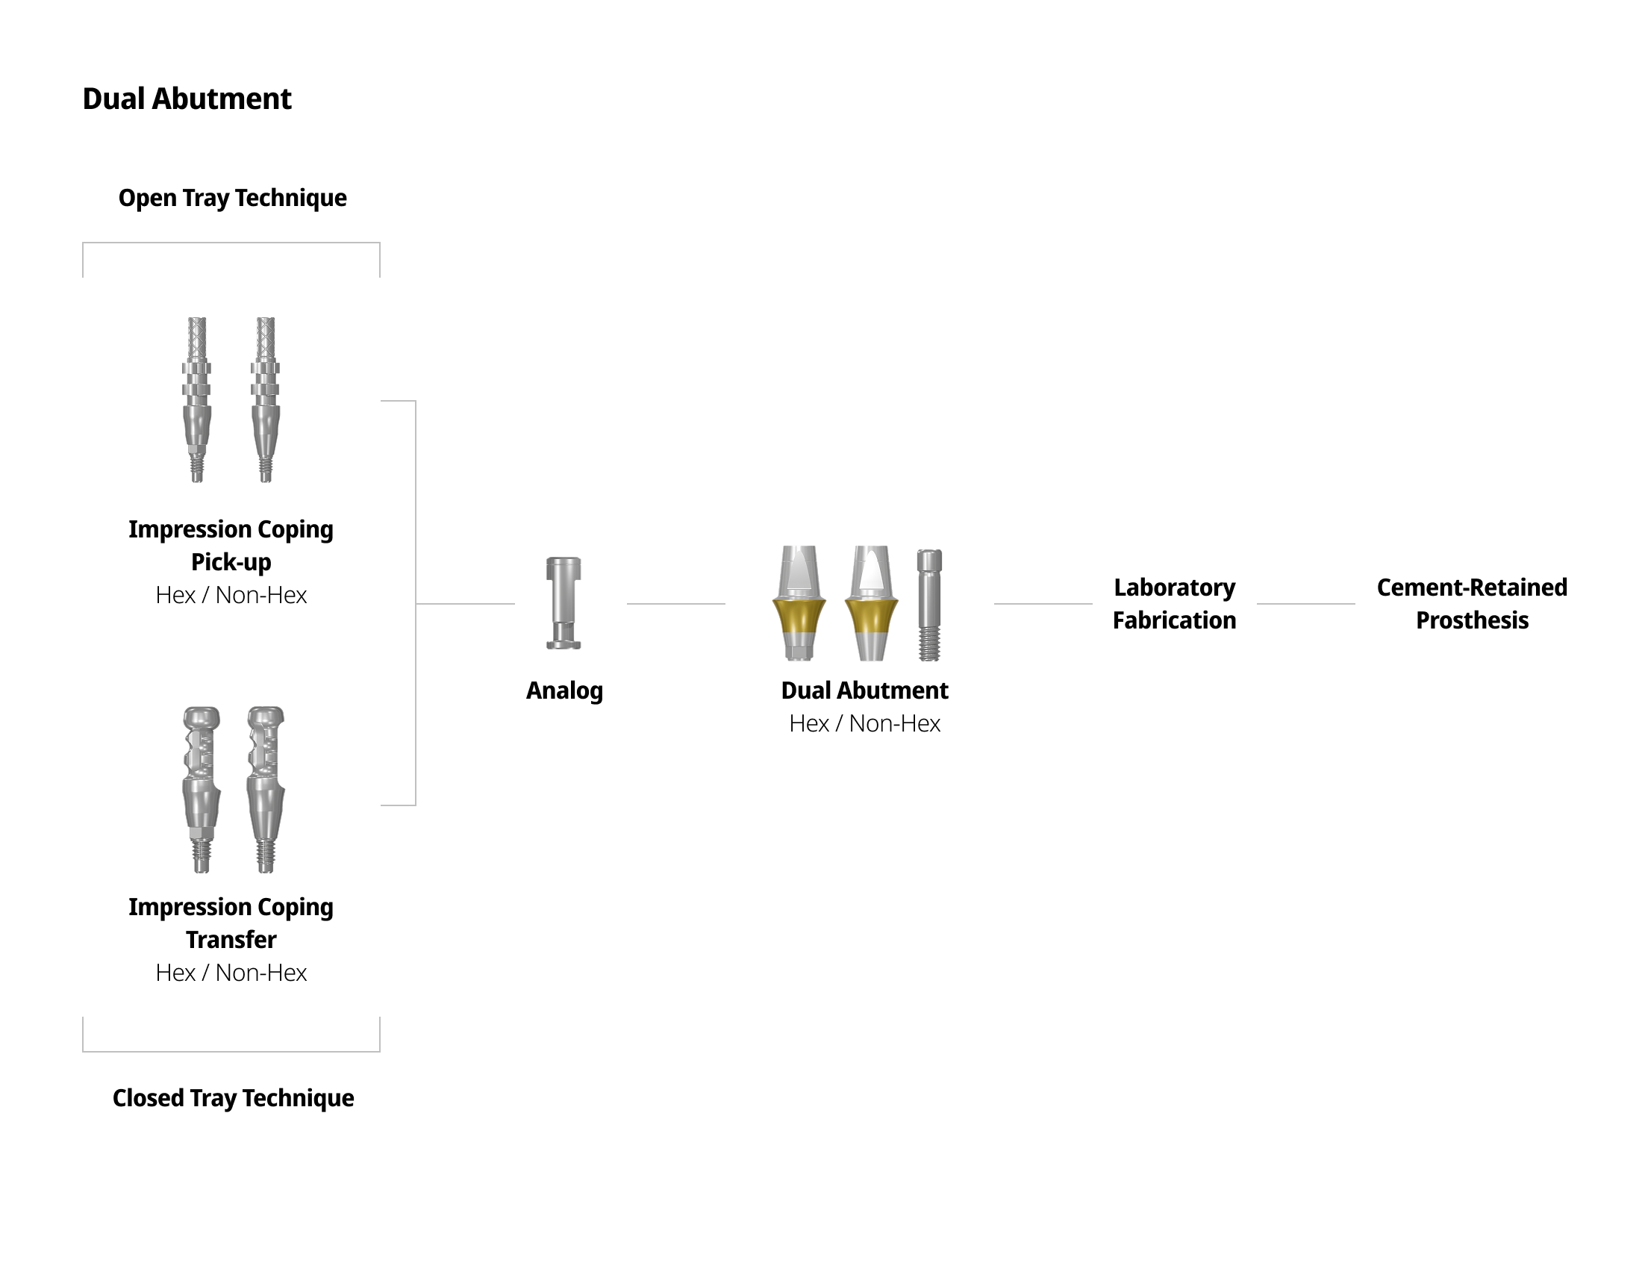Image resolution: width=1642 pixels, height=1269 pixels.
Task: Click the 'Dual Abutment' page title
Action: [187, 99]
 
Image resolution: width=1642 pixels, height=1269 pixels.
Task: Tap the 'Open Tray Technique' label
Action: [232, 198]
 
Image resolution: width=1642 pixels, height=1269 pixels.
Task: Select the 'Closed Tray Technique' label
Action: [233, 1097]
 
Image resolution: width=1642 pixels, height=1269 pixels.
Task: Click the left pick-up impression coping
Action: [196, 399]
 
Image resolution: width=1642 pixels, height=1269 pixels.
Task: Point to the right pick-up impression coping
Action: [266, 399]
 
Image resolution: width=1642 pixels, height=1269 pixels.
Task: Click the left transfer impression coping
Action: [202, 788]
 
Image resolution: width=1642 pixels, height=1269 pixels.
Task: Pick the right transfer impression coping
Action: [266, 788]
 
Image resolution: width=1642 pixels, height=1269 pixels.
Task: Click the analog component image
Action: [563, 603]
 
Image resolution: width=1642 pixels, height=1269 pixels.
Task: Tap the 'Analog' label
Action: [564, 690]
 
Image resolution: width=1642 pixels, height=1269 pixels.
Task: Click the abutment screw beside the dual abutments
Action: [929, 605]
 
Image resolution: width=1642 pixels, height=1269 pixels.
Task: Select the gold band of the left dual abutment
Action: [799, 616]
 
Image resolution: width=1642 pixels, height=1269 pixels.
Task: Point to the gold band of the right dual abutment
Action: [871, 616]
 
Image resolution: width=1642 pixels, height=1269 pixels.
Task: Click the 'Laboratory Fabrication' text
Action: [1173, 604]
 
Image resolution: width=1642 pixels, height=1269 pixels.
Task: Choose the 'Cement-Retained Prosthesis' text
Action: [1471, 604]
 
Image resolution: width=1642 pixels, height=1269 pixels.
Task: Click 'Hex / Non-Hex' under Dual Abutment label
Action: [864, 723]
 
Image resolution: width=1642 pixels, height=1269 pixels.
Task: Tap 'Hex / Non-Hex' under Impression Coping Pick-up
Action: [231, 595]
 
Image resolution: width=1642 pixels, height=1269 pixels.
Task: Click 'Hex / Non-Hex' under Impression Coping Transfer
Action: [231, 972]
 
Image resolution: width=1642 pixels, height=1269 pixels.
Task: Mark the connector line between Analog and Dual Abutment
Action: [676, 604]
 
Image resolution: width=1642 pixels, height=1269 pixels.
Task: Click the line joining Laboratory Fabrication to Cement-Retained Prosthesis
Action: [1305, 604]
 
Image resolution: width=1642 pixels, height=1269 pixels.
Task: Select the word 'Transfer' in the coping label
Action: [231, 940]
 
